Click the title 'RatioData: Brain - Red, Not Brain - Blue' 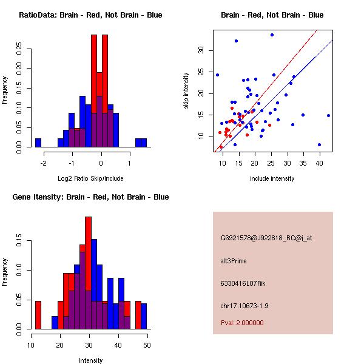tap(90, 15)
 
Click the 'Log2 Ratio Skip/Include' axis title tap(90, 179)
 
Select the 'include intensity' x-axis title tap(272, 178)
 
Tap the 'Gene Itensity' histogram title tap(90, 197)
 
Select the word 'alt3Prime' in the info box tap(234, 261)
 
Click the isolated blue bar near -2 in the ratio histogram tap(38, 143)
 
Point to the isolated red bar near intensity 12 tap(38, 315)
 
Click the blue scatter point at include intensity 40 tap(319, 144)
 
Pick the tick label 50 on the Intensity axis tap(147, 345)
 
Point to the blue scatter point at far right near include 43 tap(328, 115)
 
